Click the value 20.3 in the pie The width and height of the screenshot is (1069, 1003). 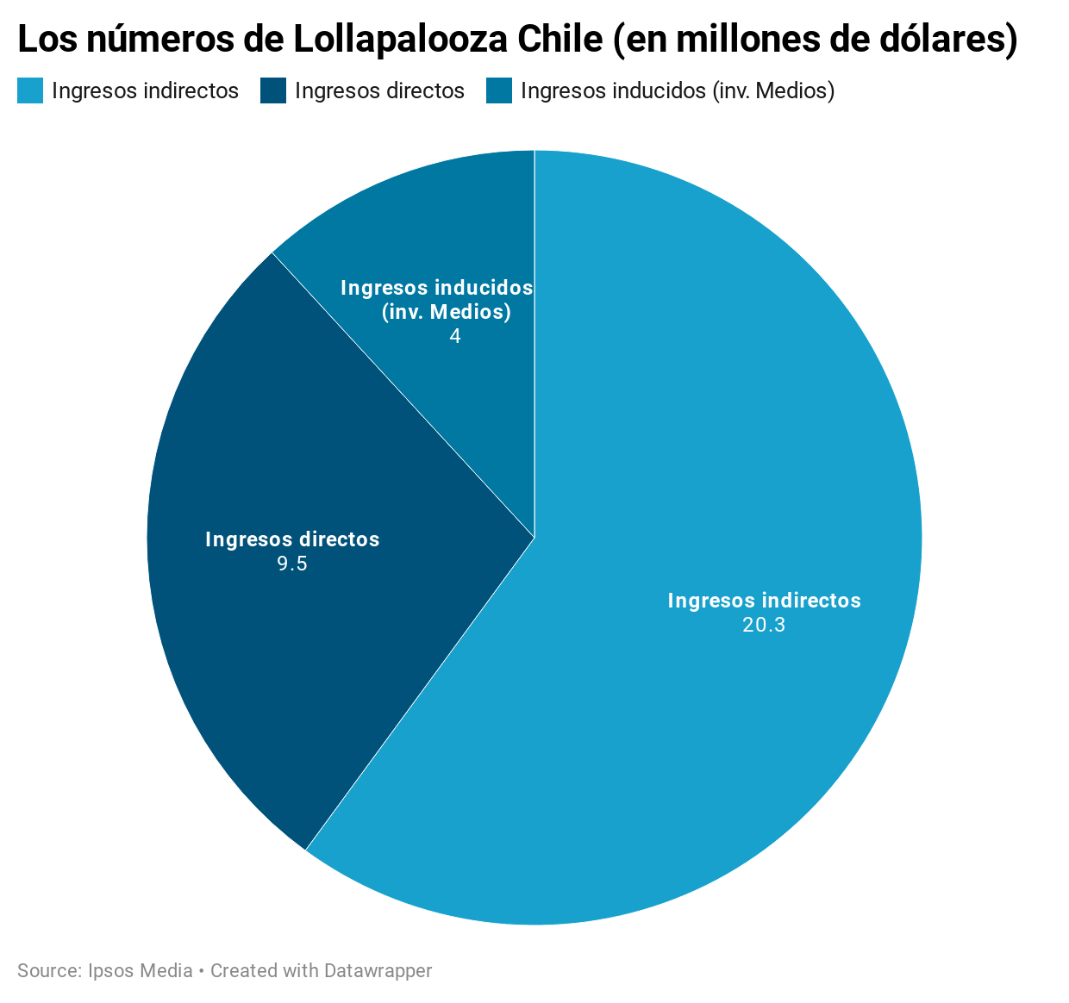[764, 625]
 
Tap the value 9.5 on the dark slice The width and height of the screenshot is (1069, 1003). [292, 564]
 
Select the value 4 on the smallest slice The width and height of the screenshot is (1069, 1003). [455, 336]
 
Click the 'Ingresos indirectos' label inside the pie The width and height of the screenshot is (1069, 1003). [764, 601]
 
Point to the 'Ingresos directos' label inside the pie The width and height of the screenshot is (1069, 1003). [292, 539]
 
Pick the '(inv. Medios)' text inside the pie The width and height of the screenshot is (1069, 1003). [447, 312]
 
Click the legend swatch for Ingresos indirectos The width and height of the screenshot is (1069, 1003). [30, 90]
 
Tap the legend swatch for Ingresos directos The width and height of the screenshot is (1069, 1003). [273, 90]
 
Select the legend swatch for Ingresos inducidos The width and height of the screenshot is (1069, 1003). [499, 90]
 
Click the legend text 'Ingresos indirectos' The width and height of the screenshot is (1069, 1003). [145, 90]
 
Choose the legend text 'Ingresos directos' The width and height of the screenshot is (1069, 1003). [379, 90]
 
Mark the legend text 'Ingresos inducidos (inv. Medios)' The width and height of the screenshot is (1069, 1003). [678, 90]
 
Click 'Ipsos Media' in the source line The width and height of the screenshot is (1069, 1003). [141, 970]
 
